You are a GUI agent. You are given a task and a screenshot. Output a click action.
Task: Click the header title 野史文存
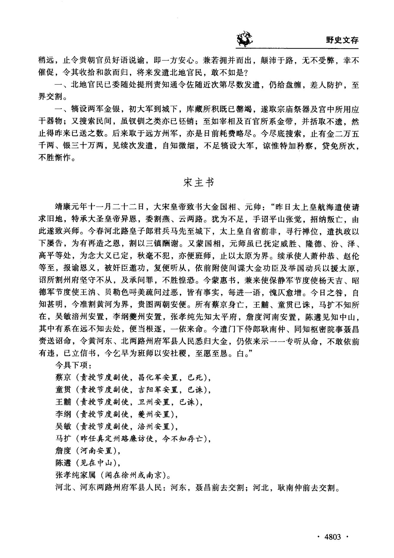coord(342,40)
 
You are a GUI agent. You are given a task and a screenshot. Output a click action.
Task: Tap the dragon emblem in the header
coord(244,39)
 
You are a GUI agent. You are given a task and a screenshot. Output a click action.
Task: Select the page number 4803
coord(332,537)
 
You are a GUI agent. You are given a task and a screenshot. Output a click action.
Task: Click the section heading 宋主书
coord(198,183)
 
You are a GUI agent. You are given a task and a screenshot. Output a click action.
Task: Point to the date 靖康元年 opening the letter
coord(69,207)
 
